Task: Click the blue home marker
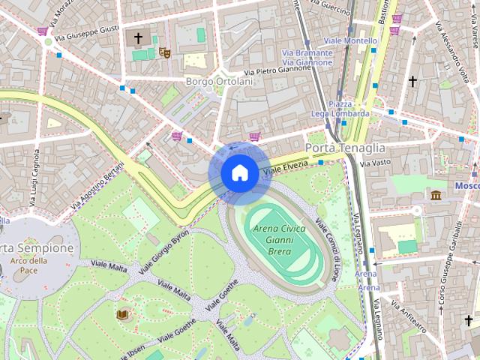point(238,173)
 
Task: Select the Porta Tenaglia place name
point(345,148)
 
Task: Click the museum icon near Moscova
point(436,196)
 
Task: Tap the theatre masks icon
point(163,52)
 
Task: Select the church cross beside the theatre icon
point(138,37)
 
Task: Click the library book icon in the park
point(122,313)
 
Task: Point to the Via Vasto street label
point(375,162)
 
